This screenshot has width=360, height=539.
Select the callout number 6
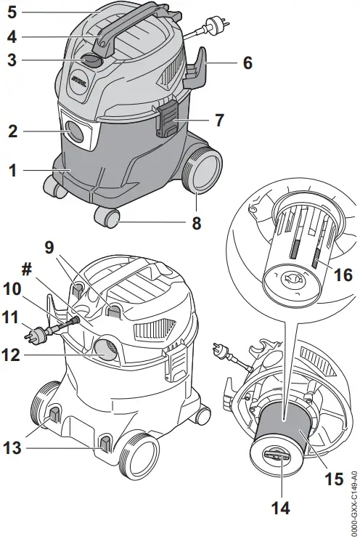pos(247,63)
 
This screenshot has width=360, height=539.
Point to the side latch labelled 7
pos(166,121)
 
